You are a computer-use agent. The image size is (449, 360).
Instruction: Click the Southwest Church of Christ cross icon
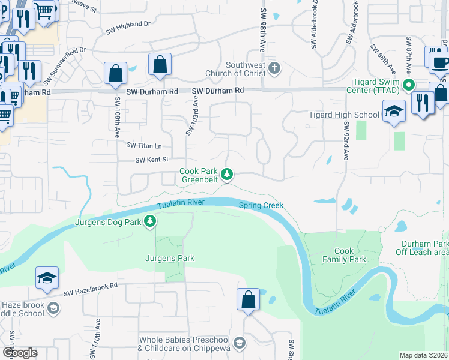[274, 67]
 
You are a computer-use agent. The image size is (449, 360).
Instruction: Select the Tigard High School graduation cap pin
[394, 111]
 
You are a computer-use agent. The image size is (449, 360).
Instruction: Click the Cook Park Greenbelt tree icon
[227, 175]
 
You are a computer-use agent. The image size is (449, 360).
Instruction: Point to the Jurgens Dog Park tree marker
[150, 223]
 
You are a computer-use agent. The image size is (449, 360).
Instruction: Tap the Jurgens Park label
[169, 258]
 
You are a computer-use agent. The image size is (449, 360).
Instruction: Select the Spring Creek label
[261, 205]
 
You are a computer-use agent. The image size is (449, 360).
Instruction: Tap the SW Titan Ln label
[144, 145]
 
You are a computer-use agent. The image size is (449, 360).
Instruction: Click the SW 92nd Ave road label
[346, 140]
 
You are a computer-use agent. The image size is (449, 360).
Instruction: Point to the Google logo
[20, 352]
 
